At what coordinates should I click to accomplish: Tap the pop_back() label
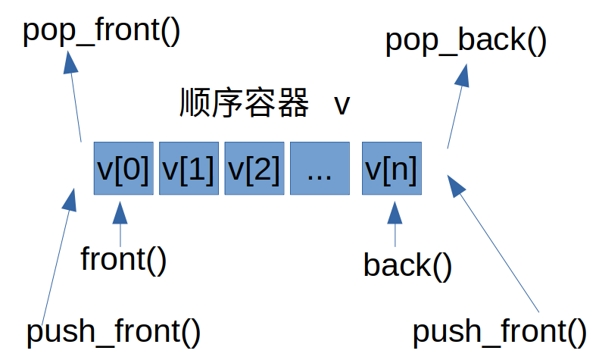click(x=465, y=41)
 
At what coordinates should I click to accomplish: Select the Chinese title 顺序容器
click(x=245, y=104)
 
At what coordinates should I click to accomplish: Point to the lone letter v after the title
click(x=342, y=105)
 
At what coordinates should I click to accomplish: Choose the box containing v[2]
click(x=254, y=168)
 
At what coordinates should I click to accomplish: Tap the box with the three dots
click(x=319, y=168)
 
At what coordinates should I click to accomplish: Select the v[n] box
click(x=391, y=168)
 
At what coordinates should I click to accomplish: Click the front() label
click(x=123, y=259)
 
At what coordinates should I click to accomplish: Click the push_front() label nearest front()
click(x=113, y=331)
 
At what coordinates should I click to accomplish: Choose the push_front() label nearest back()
click(x=499, y=331)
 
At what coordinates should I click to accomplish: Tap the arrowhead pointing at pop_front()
click(x=69, y=63)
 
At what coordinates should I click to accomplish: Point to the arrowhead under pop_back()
click(x=464, y=74)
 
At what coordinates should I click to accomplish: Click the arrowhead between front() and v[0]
click(x=120, y=212)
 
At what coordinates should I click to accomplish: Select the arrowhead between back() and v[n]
click(x=394, y=213)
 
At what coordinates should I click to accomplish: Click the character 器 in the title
click(x=293, y=104)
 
